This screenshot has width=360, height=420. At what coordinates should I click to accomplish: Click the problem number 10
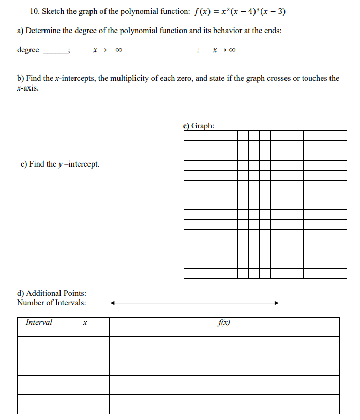point(21,11)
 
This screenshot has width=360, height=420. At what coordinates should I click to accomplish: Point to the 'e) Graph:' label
point(199,126)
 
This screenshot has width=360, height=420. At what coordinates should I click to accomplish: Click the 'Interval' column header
point(39,323)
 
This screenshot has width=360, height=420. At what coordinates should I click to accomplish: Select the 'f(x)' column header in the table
point(224,323)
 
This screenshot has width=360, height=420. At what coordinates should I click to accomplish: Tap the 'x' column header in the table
point(85,323)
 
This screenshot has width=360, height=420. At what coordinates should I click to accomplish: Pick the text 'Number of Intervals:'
point(52,303)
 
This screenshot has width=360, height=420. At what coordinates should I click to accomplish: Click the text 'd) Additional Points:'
point(52,293)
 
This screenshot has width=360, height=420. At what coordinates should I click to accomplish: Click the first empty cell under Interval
point(39,346)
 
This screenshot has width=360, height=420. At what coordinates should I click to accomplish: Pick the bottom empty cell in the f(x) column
point(224,404)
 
